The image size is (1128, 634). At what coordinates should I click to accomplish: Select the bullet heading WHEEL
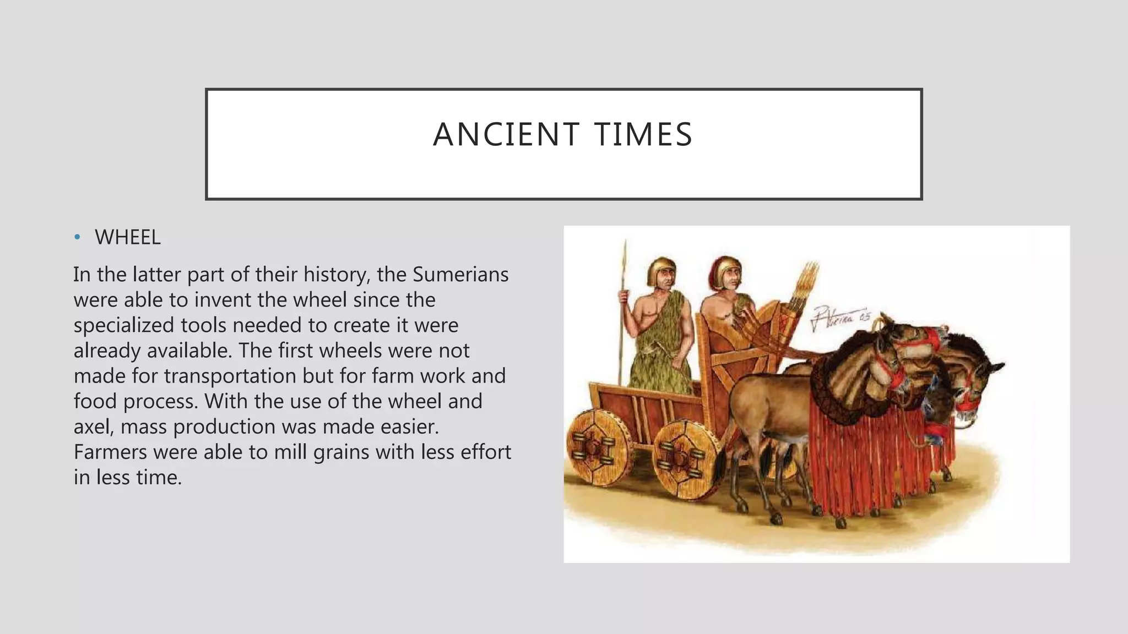coord(127,238)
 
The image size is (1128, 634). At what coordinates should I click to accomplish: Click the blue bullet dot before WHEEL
coord(78,238)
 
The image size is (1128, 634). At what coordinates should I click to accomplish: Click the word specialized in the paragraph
coord(124,325)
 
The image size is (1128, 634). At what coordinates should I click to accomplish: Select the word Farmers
coord(110,452)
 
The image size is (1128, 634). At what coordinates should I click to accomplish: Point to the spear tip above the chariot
coord(625,250)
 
